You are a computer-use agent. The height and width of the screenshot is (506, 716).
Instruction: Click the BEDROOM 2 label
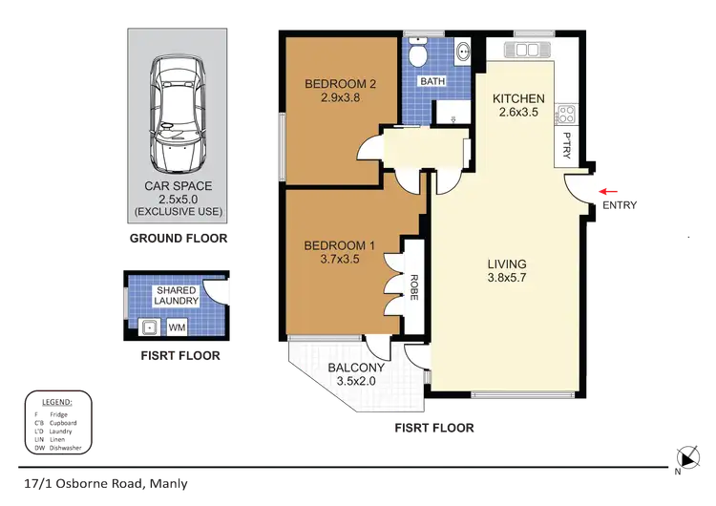(341, 84)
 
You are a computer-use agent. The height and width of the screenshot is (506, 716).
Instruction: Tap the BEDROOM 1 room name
(340, 245)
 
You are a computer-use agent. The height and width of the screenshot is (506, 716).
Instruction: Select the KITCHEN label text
(518, 98)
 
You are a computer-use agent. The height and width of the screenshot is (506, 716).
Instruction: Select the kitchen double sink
(528, 47)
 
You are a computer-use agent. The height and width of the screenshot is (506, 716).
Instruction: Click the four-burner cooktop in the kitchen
(566, 115)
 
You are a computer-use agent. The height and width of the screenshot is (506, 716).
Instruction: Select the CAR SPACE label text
(177, 187)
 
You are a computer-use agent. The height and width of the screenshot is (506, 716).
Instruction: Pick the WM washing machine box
(177, 327)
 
